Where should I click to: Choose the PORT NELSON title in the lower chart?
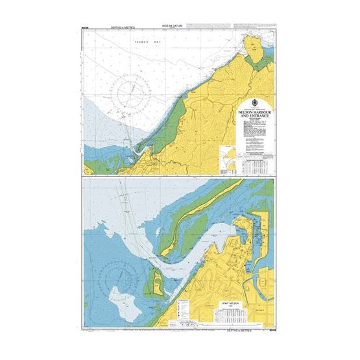coord(234,300)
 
